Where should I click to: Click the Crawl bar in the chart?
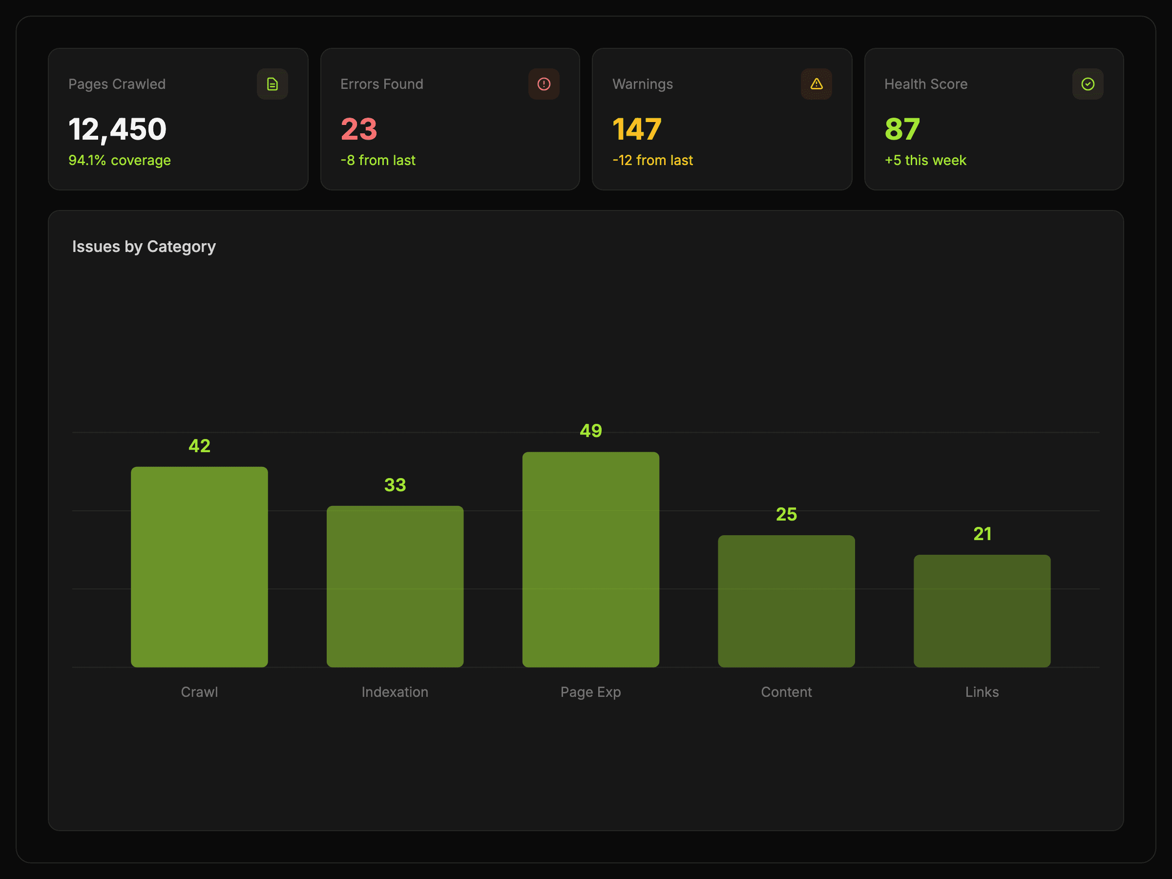(199, 566)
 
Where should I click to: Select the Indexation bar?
(395, 586)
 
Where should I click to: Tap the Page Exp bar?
(591, 559)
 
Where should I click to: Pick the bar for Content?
(786, 601)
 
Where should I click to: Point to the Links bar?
(982, 610)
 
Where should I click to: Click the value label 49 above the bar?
(591, 431)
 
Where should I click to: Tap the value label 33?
(395, 485)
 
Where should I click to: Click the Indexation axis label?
(395, 692)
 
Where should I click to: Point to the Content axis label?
(786, 692)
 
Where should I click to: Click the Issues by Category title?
(144, 247)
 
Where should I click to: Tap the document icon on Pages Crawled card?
(272, 84)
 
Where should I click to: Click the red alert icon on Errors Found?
(544, 84)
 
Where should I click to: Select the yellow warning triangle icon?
(816, 84)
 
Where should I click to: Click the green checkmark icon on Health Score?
(1088, 84)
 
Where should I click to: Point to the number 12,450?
(118, 130)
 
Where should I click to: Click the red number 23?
(359, 129)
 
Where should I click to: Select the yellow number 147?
(637, 129)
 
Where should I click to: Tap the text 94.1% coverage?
(120, 161)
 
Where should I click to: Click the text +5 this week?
(925, 161)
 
